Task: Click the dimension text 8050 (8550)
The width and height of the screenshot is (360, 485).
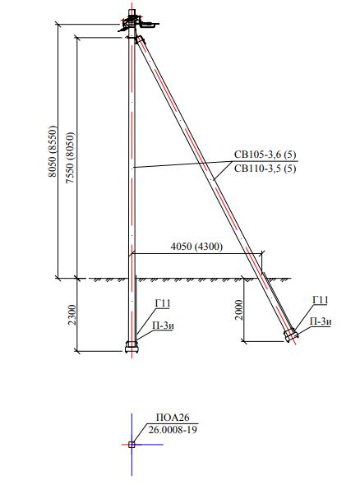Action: [53, 151]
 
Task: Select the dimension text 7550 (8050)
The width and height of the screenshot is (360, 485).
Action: [71, 158]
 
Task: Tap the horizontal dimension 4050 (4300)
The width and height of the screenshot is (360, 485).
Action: [196, 247]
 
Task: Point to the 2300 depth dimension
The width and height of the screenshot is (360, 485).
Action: [72, 315]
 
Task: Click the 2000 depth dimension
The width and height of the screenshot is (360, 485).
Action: [239, 310]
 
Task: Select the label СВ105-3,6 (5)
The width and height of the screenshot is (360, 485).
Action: [265, 155]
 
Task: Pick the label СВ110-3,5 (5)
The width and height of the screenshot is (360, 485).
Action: [265, 169]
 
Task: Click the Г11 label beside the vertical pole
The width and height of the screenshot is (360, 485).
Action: [163, 303]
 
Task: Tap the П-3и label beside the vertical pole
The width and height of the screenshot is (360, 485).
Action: [163, 326]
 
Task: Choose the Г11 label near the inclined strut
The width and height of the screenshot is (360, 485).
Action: [321, 300]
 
